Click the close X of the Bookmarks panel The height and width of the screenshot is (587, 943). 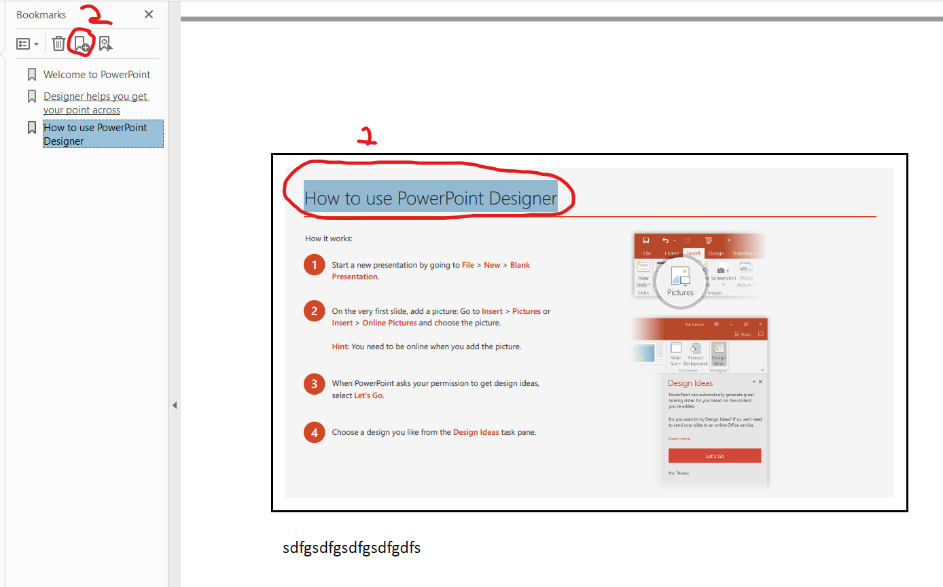(149, 14)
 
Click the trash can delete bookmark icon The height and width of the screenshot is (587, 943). (59, 43)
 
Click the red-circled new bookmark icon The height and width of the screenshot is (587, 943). (82, 44)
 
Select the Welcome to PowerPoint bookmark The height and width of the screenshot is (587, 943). (96, 75)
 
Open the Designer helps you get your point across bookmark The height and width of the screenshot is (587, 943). (95, 103)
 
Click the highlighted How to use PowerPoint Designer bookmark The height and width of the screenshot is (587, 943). (95, 135)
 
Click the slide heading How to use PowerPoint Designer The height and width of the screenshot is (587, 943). (430, 198)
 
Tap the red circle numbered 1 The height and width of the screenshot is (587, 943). (314, 265)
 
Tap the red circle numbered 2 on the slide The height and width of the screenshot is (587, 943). (314, 311)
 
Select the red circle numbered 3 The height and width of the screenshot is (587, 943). (314, 384)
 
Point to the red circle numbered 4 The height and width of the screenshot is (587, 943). (314, 432)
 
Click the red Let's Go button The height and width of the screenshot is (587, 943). (714, 456)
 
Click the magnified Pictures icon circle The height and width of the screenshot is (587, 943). (680, 279)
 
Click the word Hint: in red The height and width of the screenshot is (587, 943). (340, 346)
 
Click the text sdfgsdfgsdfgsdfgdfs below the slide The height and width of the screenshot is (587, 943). (351, 548)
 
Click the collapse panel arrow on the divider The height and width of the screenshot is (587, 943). (175, 405)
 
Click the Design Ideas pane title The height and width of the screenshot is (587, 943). (690, 383)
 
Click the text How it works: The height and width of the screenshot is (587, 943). (329, 238)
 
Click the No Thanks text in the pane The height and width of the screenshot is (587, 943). (679, 473)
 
